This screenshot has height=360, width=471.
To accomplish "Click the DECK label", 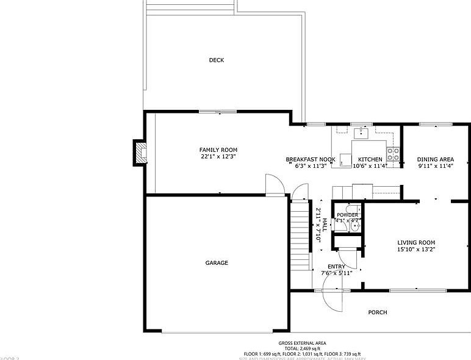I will pos(217,60).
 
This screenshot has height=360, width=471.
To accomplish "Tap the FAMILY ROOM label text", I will pos(218,150).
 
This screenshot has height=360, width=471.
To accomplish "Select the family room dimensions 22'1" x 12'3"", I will pos(218,157).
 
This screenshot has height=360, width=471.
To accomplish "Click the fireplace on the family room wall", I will pos(140,153).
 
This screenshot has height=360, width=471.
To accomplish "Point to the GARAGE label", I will pos(217,263).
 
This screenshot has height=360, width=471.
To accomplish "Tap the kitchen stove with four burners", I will pos(394,153).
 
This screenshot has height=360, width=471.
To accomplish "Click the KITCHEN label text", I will pos(370,160).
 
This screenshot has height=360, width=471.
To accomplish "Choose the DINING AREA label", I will pos(436,160).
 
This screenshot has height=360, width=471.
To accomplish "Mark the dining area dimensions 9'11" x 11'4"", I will pos(436,166).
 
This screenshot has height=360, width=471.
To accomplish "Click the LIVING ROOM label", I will pos(416,242).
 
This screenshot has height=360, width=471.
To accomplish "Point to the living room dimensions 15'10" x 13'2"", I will pos(416,249).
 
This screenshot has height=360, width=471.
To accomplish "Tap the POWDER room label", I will pos(347,215).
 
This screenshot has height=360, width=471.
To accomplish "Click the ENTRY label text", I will pos(336,267).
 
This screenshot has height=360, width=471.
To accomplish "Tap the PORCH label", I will pos(378,312).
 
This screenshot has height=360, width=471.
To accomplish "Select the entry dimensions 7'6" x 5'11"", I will pos(337,273).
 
